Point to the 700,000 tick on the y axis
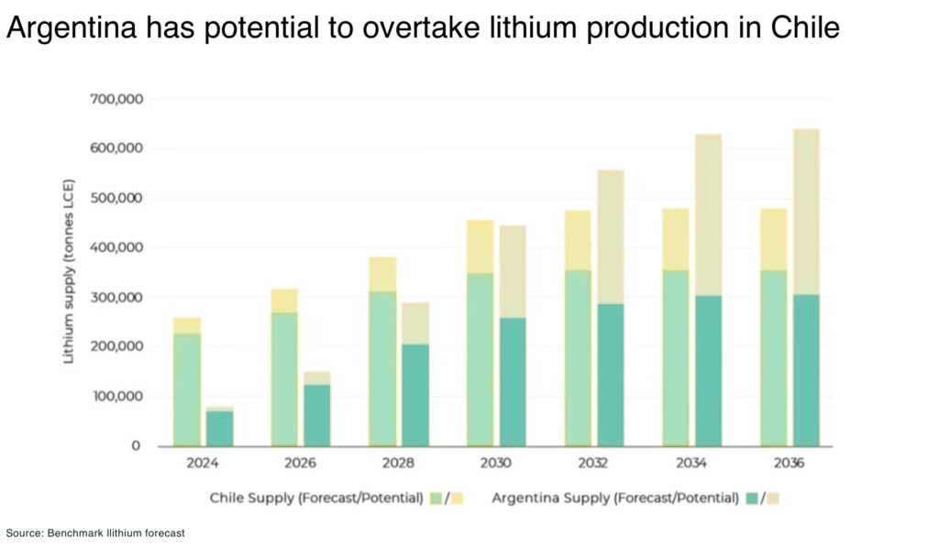pos(116,99)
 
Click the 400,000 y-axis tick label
pos(116,247)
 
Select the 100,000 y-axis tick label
pos(116,397)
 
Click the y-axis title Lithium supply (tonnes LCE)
pos(69,271)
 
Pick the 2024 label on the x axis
pos(203,464)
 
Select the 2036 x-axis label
pos(789,464)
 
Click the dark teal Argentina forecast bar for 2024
pos(219,428)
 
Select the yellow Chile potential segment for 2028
pos(382,274)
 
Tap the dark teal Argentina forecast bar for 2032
pos(611,375)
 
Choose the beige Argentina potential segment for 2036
pos(806,212)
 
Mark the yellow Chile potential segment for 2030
pos(480,247)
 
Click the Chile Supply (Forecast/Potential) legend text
pos(316,498)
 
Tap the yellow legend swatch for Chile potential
pos(456,499)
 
